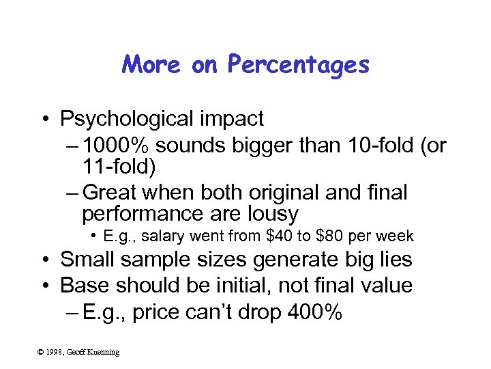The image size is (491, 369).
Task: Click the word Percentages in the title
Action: [x=298, y=65]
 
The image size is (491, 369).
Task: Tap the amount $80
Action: [x=325, y=236]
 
